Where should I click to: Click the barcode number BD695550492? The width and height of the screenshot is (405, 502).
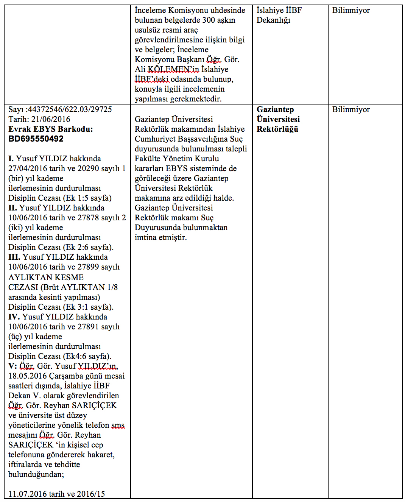(36, 139)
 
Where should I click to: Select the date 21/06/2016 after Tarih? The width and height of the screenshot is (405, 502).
(51, 119)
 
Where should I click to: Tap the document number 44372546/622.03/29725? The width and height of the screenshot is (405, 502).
(70, 109)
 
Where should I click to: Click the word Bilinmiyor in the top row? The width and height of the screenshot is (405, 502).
(351, 10)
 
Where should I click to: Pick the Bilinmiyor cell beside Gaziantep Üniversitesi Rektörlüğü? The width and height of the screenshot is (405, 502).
(351, 109)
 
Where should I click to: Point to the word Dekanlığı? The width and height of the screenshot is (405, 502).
(273, 20)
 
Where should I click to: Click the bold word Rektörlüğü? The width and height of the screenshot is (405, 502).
(277, 129)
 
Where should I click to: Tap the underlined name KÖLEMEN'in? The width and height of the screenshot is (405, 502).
(173, 69)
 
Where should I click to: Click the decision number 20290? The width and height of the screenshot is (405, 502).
(88, 168)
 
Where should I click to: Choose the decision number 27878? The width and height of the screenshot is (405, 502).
(88, 218)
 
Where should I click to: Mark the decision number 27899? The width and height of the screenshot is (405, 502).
(88, 267)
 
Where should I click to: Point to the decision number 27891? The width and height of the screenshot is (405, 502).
(88, 327)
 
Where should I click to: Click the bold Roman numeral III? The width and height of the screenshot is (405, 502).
(14, 257)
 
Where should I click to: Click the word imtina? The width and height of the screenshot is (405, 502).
(145, 237)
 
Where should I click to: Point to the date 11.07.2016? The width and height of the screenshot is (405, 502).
(28, 494)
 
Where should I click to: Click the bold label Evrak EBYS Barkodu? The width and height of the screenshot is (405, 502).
(50, 129)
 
